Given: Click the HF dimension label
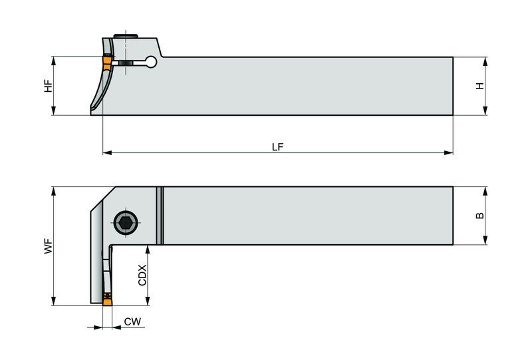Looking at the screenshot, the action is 49,86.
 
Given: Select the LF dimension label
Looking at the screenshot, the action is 277,147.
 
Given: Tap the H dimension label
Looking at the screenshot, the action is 479,86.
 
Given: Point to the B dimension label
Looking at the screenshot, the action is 479,216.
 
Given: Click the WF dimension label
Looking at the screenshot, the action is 49,246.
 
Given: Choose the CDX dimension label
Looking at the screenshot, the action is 142,275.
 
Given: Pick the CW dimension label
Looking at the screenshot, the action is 132,321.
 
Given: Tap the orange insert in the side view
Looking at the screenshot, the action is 107,62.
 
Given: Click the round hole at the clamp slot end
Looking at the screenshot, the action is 151,62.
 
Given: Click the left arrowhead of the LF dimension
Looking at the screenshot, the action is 107,153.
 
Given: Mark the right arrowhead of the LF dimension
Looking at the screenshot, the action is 448,153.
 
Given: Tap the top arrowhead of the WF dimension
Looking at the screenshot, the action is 53,191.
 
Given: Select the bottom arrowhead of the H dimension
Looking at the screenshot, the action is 485,110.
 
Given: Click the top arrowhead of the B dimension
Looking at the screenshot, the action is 485,191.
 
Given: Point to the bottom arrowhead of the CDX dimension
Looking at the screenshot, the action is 147,301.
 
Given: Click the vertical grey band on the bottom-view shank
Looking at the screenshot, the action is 160,216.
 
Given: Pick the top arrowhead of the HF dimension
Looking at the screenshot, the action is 53,61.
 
